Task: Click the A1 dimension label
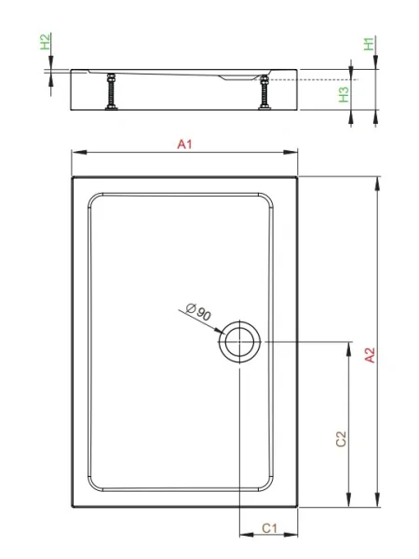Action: [184, 144]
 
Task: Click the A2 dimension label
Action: [371, 355]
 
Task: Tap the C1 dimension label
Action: [269, 528]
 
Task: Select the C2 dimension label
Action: [341, 439]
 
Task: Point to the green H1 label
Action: [369, 44]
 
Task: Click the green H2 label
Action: [45, 42]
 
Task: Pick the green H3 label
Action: [344, 94]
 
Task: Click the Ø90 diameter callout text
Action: [199, 311]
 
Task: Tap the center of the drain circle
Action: [240, 342]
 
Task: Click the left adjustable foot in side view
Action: [111, 91]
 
